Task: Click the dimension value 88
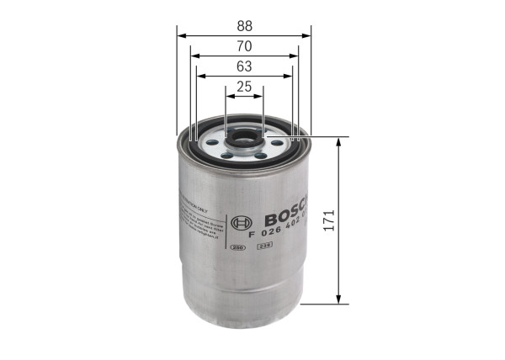244,25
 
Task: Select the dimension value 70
244,45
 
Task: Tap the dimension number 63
244,66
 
